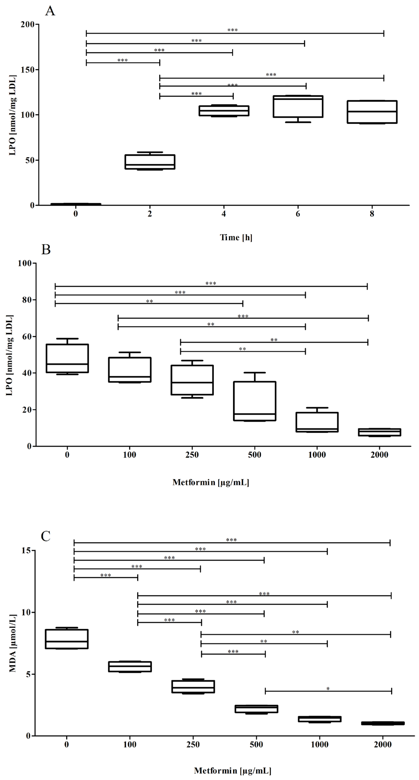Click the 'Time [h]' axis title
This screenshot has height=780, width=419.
[236, 237]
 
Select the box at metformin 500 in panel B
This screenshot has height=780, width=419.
[255, 401]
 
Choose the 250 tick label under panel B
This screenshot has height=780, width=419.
[192, 455]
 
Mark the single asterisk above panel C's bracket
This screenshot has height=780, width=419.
[328, 689]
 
